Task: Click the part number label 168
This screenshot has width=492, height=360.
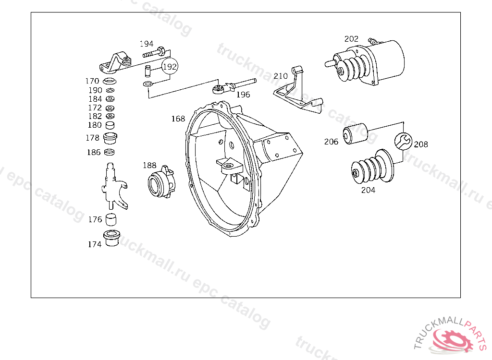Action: point(178,119)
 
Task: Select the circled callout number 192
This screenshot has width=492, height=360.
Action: point(170,67)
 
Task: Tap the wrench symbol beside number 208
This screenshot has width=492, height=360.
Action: point(403,141)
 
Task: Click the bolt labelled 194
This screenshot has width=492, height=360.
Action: point(154,52)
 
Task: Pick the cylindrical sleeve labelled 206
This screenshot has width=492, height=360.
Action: point(355,133)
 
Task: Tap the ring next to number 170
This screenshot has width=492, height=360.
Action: point(110,81)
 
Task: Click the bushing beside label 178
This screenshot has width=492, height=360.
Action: point(110,138)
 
